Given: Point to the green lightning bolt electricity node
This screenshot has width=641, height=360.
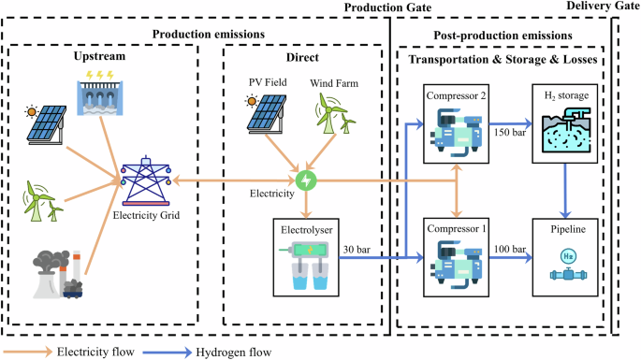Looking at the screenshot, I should click(x=305, y=178).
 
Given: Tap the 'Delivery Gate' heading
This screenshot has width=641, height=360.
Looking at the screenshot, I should click(x=603, y=8).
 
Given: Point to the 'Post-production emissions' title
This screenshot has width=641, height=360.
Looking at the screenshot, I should click(x=503, y=36).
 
